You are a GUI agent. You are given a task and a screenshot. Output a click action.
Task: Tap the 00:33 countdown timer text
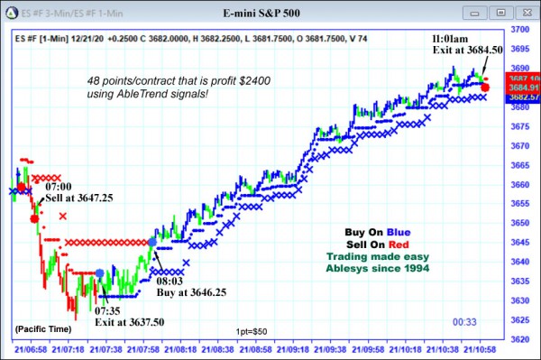click(x=464, y=321)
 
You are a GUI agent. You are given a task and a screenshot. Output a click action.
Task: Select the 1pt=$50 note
click(x=252, y=332)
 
